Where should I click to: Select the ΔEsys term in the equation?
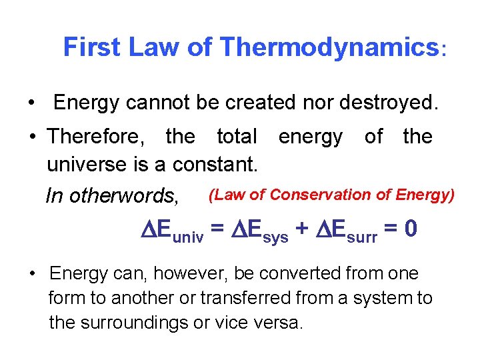pos(258,231)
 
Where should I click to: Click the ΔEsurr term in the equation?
pos(348,231)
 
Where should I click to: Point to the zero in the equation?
pos(411,230)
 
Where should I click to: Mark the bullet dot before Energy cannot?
pos(32,103)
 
